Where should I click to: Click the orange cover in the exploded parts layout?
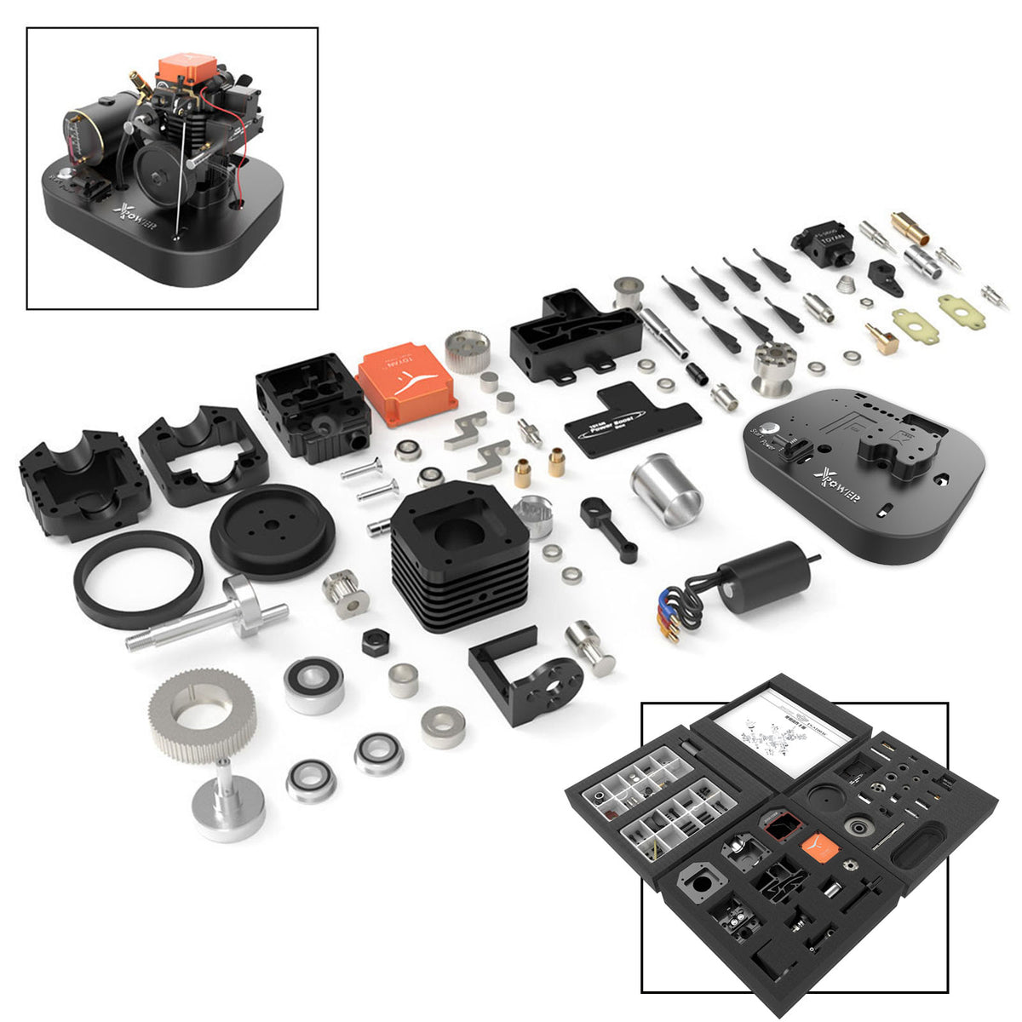(406, 383)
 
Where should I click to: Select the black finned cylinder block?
(460, 554)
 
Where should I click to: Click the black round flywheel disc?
(273, 532)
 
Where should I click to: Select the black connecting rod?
(610, 528)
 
